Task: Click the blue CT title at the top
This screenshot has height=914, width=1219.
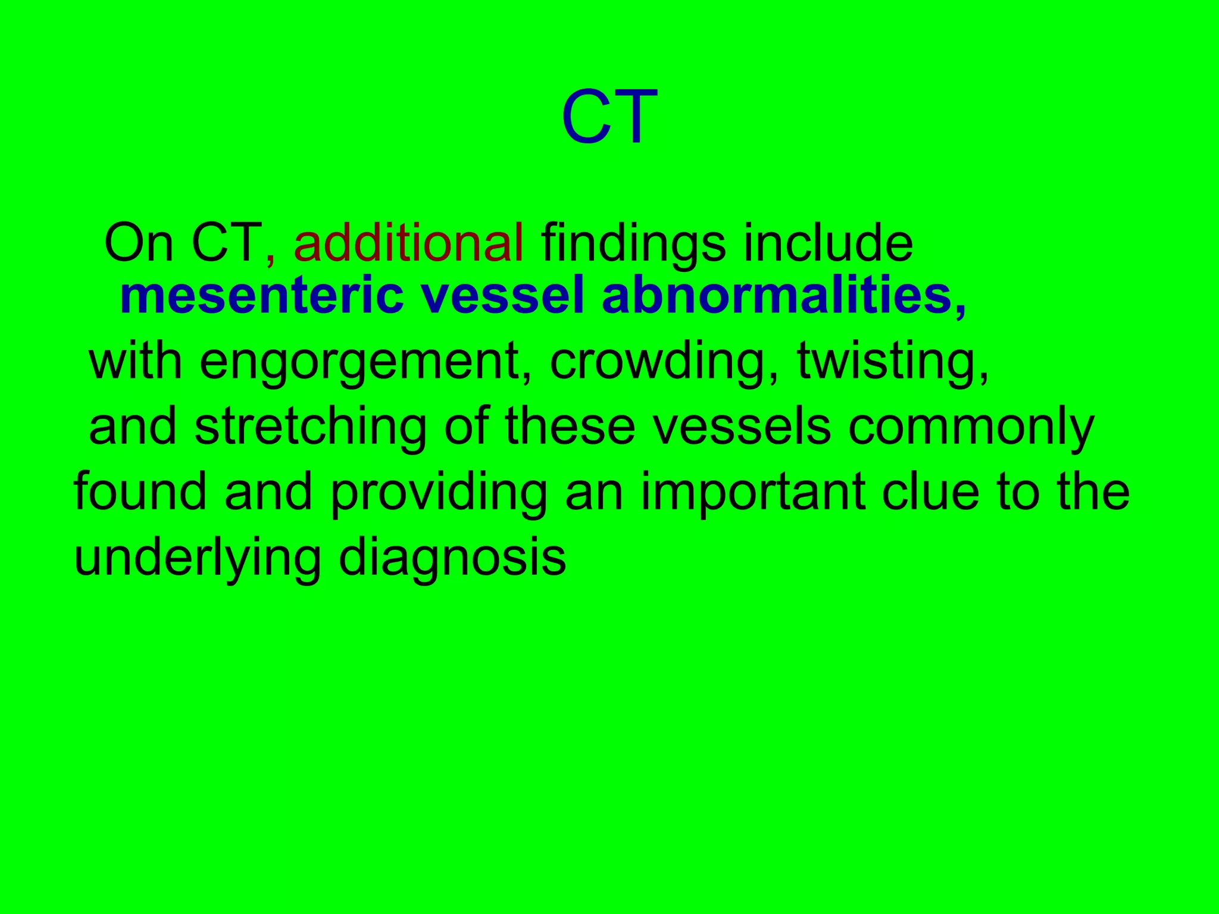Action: pos(609,117)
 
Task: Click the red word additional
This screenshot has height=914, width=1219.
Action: pos(409,243)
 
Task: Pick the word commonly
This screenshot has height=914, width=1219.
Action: pos(971,428)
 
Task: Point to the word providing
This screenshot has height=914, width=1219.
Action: pos(439,494)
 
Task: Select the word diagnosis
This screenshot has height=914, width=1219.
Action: pos(452,559)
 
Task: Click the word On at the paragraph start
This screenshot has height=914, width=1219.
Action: pos(139,243)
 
